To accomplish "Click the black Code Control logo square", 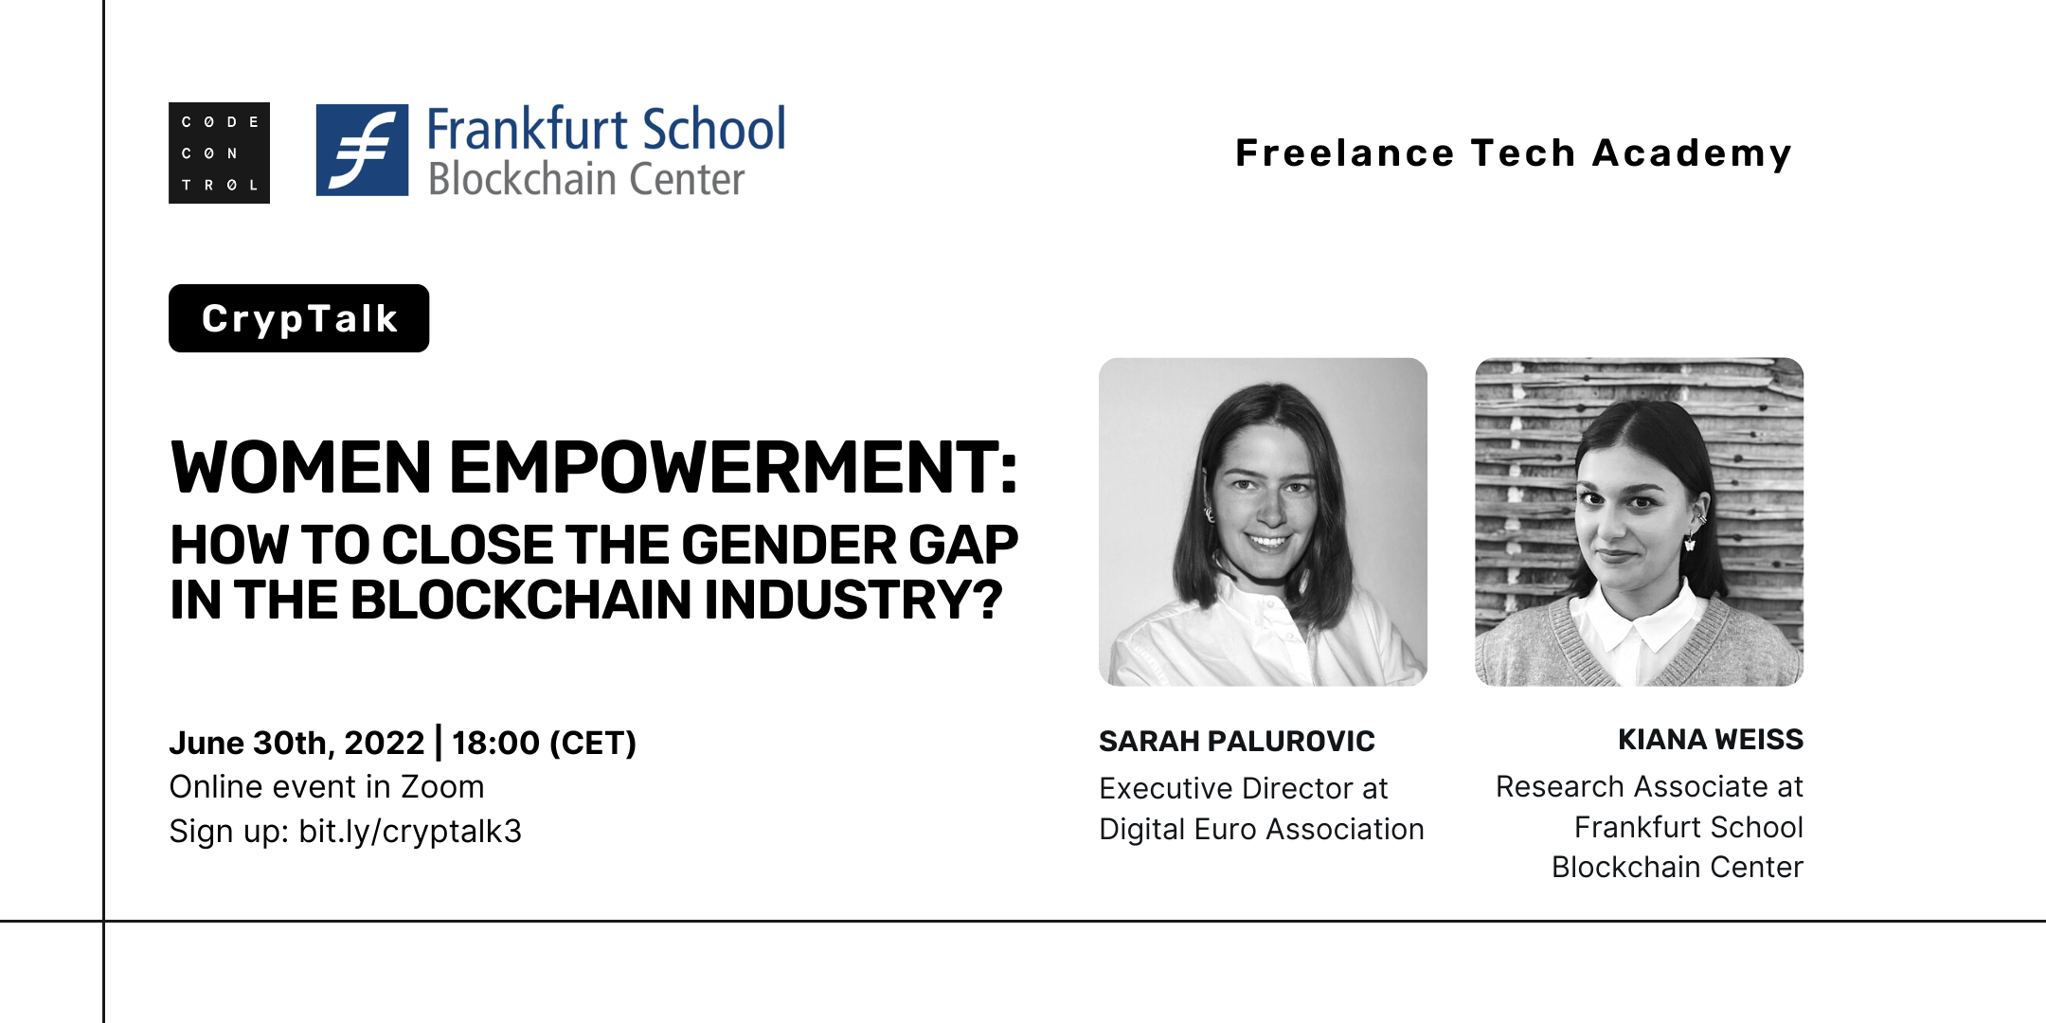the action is [219, 153].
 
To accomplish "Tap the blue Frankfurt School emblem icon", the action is [362, 150].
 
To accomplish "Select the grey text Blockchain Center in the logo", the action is [586, 179].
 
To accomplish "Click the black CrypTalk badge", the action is [298, 318].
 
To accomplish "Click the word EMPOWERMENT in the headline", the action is [732, 468].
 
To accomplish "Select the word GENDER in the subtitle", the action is [789, 545].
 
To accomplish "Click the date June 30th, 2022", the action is [297, 744].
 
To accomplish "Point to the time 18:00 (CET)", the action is [544, 744].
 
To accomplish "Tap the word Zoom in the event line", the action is [442, 786].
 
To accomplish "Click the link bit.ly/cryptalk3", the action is [410, 832].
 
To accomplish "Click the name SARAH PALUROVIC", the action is [1237, 741].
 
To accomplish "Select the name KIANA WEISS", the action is [1711, 739].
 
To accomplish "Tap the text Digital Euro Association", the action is [1262, 830].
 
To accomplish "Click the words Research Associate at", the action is [1649, 786].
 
